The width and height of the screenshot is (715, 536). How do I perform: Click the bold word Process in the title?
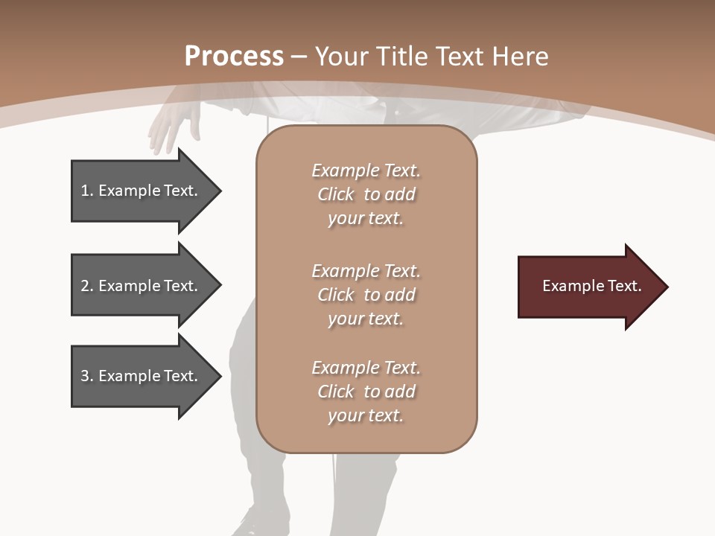pyautogui.click(x=234, y=57)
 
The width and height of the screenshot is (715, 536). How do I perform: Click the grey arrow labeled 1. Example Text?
pyautogui.click(x=142, y=191)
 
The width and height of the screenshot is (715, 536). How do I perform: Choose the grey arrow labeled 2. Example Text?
pyautogui.click(x=142, y=286)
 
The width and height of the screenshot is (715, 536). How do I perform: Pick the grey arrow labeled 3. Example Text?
pyautogui.click(x=142, y=376)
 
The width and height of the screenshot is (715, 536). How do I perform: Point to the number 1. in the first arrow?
pyautogui.click(x=86, y=191)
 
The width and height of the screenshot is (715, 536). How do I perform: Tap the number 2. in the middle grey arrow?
pyautogui.click(x=86, y=286)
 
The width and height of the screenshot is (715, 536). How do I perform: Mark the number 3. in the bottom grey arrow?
pyautogui.click(x=86, y=376)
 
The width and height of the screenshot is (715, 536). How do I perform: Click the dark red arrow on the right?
pyautogui.click(x=588, y=287)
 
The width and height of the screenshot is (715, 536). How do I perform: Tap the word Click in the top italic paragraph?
pyautogui.click(x=336, y=194)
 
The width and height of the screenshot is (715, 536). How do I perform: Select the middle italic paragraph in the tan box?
pyautogui.click(x=366, y=295)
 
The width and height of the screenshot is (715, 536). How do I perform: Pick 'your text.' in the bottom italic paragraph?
pyautogui.click(x=366, y=415)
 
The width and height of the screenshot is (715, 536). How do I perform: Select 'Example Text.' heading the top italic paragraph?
pyautogui.click(x=366, y=170)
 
